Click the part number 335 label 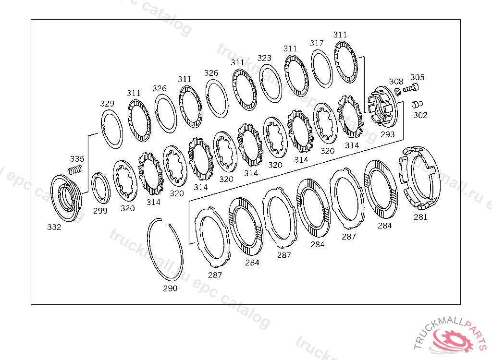tap(77, 159)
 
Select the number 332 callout tap(54, 227)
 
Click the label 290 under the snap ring tap(170, 288)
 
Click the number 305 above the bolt tap(418, 77)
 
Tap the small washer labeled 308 tap(397, 92)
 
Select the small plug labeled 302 tap(417, 104)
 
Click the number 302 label tap(420, 115)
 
